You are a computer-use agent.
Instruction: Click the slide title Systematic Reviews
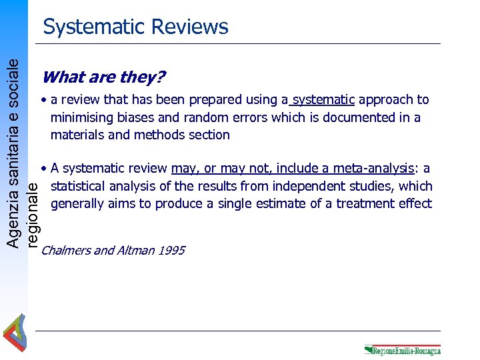point(135,27)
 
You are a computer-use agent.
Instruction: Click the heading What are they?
point(103,77)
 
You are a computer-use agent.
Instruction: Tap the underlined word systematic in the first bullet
point(324,100)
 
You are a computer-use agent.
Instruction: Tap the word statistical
point(81,186)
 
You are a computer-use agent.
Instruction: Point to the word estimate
point(273,203)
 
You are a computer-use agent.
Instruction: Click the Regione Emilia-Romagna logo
point(402,349)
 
